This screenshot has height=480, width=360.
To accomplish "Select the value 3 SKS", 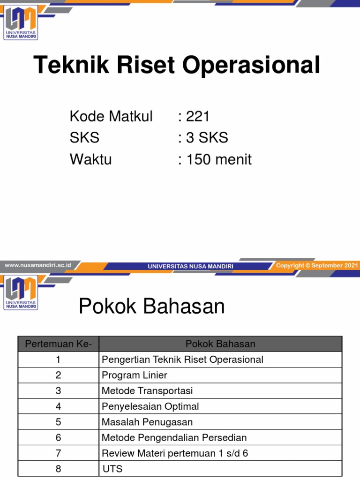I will (207, 138).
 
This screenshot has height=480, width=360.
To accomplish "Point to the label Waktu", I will (90, 159).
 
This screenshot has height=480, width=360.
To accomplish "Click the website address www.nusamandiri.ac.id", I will (37, 265).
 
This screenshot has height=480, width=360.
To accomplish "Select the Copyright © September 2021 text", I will (317, 265).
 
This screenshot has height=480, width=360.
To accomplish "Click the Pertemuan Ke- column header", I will (59, 344).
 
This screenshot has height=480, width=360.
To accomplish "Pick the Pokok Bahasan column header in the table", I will (220, 344).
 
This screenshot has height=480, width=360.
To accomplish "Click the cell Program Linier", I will (134, 375).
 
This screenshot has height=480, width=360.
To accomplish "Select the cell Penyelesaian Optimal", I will (150, 406).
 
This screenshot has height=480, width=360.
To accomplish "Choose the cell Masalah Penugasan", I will (147, 422).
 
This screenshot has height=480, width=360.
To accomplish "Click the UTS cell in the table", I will (112, 469).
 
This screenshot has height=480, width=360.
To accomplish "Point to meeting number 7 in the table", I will (58, 453).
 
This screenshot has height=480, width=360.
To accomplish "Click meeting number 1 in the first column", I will (58, 360).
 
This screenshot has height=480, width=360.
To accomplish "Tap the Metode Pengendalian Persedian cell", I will (174, 438).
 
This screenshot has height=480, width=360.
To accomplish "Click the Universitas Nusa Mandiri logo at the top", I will (21, 22).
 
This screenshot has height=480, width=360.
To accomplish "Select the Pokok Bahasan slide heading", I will (152, 307).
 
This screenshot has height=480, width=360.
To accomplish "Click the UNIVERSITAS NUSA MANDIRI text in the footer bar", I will (190, 266).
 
